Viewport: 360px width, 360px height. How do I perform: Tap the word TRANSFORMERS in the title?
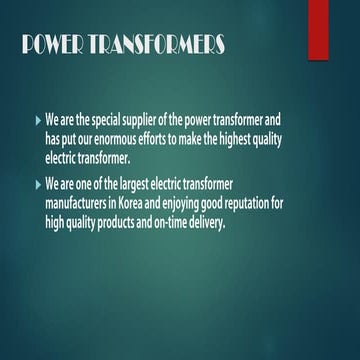[x=157, y=47]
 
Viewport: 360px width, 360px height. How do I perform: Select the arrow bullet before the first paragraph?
[x=38, y=119]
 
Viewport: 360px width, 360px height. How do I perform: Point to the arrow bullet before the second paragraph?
[x=38, y=185]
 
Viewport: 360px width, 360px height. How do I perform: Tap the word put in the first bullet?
[x=69, y=139]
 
